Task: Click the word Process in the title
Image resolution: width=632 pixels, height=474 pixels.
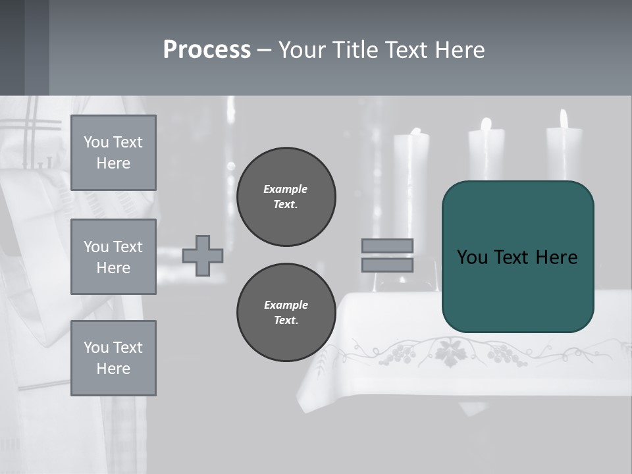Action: click(x=207, y=50)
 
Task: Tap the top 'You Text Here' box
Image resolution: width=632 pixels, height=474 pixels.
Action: click(x=113, y=153)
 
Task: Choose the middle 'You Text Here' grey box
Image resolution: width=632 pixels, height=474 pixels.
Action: click(x=113, y=257)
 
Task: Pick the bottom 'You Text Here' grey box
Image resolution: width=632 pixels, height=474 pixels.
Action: click(x=113, y=358)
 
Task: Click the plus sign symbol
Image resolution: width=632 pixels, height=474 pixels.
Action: click(x=203, y=255)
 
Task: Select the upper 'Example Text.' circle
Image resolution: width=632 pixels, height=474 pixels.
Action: click(x=286, y=196)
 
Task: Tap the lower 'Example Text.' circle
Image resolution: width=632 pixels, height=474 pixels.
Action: click(x=286, y=312)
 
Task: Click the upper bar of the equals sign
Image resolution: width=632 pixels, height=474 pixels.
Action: click(x=388, y=246)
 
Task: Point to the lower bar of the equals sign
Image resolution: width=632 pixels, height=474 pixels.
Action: click(x=388, y=265)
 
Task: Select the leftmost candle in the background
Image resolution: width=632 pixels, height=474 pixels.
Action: click(x=411, y=165)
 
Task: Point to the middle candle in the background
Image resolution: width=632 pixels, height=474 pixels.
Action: click(x=487, y=155)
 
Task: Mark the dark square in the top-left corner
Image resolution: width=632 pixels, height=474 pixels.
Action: click(x=12, y=47)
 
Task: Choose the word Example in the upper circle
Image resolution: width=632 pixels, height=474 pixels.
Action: click(x=285, y=189)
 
